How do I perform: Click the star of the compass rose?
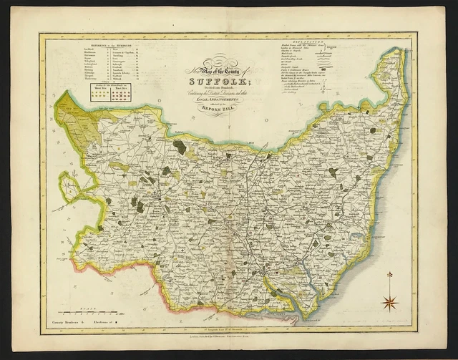point(391,303)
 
